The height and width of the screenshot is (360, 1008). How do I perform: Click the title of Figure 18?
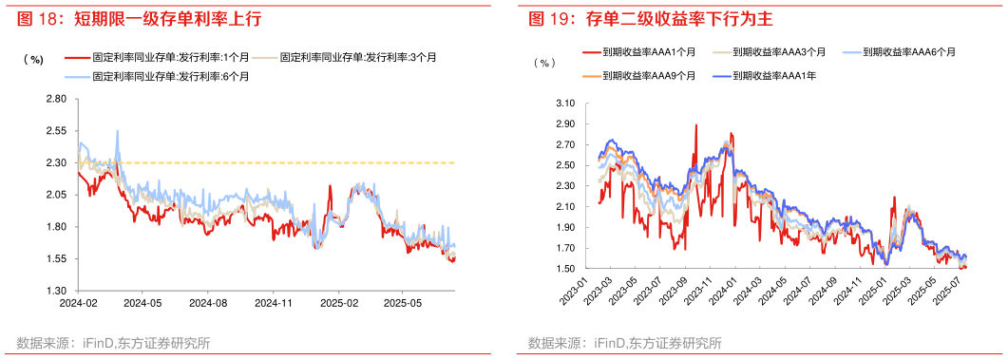pos(139,18)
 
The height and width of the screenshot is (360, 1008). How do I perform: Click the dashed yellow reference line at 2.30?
pos(285,162)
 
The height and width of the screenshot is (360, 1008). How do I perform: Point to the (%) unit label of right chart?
pos(543,64)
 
